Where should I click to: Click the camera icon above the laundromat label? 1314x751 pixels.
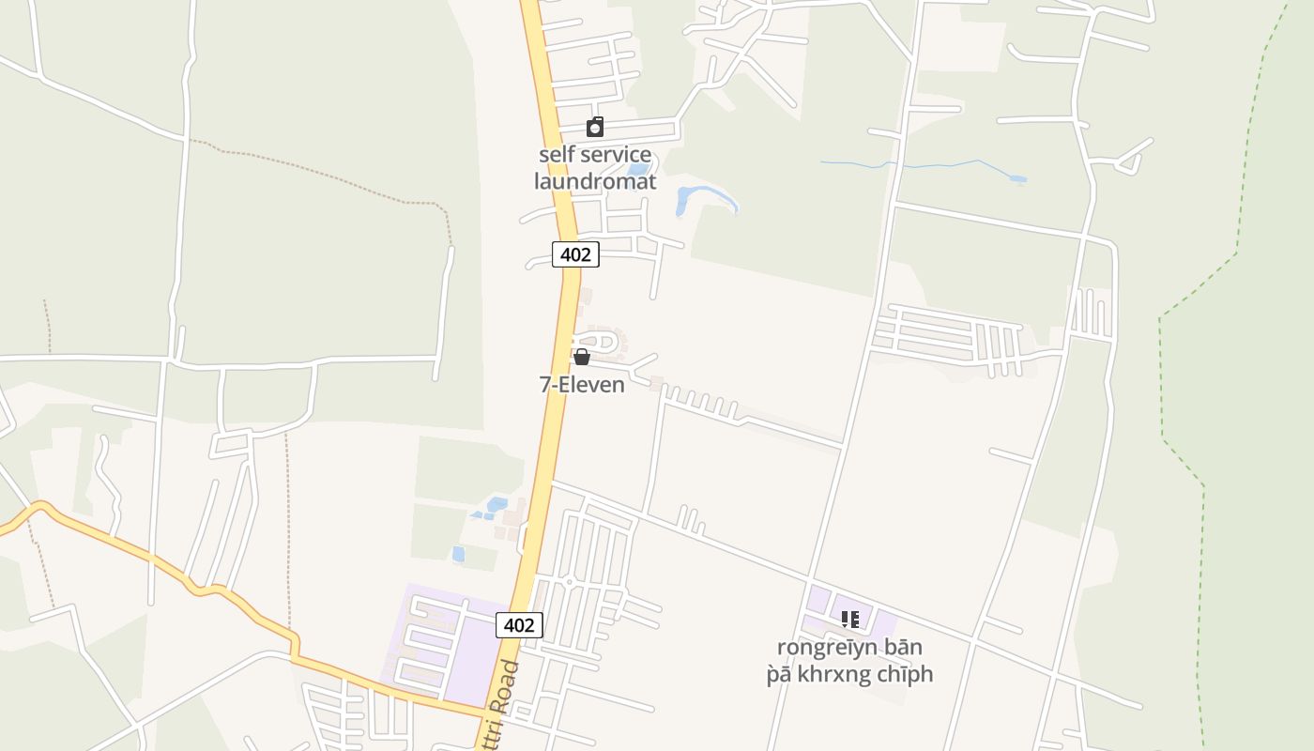595,127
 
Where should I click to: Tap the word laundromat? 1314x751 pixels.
595,181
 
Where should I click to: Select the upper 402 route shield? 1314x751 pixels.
575,253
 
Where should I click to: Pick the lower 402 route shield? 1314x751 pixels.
519,625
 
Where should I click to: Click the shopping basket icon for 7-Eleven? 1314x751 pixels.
582,357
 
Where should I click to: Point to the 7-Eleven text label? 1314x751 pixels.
582,384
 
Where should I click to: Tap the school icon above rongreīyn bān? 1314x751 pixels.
849,619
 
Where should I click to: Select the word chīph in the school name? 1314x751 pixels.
903,674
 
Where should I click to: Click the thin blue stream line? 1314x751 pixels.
901,165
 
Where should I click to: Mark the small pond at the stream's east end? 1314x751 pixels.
1017,178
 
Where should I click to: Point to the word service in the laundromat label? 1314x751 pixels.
615,155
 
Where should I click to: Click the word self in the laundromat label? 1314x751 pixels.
555,155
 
